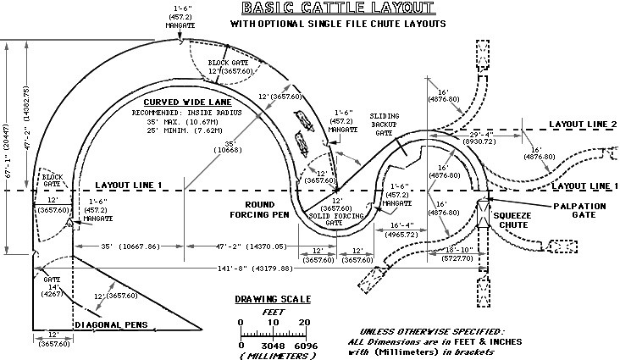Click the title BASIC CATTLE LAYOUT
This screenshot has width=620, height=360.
coord(337,9)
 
